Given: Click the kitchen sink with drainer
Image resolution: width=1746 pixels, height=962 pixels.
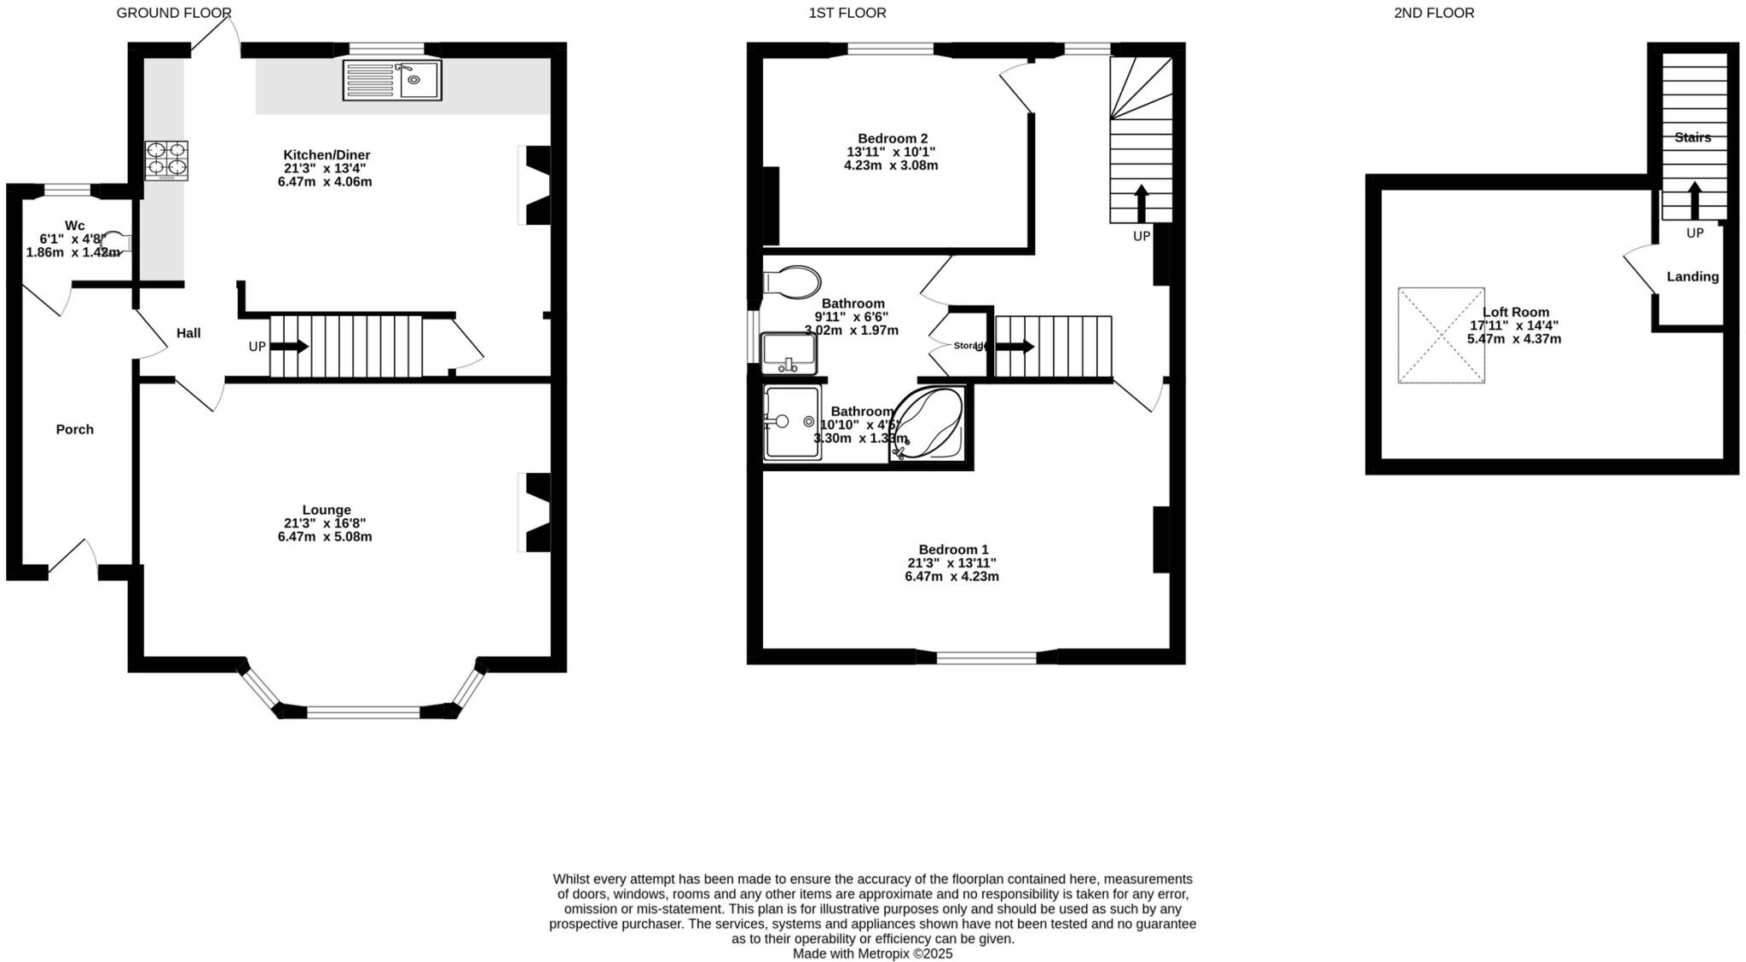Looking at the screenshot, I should pyautogui.click(x=392, y=80).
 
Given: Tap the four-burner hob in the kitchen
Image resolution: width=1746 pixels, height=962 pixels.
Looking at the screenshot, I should pyautogui.click(x=166, y=160).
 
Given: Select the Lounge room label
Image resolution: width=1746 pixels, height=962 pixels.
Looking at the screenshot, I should pyautogui.click(x=326, y=510).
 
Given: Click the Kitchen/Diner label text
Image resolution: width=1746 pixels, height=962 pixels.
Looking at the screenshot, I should pyautogui.click(x=327, y=155).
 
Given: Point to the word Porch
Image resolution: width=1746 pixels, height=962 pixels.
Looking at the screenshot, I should pyautogui.click(x=75, y=429).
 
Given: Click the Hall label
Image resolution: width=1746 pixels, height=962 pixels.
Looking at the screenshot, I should pyautogui.click(x=188, y=333).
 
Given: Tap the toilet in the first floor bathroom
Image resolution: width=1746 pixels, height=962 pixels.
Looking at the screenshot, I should pyautogui.click(x=792, y=281).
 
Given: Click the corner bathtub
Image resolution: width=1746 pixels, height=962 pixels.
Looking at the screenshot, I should pyautogui.click(x=928, y=423).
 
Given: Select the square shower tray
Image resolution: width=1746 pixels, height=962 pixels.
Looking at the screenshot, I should pyautogui.click(x=792, y=423).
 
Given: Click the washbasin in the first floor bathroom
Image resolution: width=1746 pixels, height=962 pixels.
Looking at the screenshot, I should pyautogui.click(x=789, y=353).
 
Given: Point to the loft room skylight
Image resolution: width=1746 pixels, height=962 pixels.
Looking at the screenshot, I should pyautogui.click(x=1441, y=335).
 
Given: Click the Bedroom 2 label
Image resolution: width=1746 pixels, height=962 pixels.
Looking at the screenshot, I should pyautogui.click(x=892, y=139).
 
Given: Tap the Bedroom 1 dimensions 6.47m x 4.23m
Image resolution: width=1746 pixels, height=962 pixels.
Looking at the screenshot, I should pyautogui.click(x=951, y=577).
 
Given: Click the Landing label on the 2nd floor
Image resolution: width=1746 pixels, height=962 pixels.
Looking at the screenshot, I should pyautogui.click(x=1692, y=277).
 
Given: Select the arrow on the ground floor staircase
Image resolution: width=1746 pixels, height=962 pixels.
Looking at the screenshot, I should pyautogui.click(x=290, y=347).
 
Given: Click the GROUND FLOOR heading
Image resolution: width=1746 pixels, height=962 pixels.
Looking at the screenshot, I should pyautogui.click(x=174, y=13).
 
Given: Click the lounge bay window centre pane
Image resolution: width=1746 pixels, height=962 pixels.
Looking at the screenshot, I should pyautogui.click(x=363, y=711).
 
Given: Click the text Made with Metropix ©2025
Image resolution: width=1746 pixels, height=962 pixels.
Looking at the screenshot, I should pyautogui.click(x=872, y=953).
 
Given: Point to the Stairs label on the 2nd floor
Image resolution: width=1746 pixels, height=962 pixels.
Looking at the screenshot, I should pyautogui.click(x=1692, y=138).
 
